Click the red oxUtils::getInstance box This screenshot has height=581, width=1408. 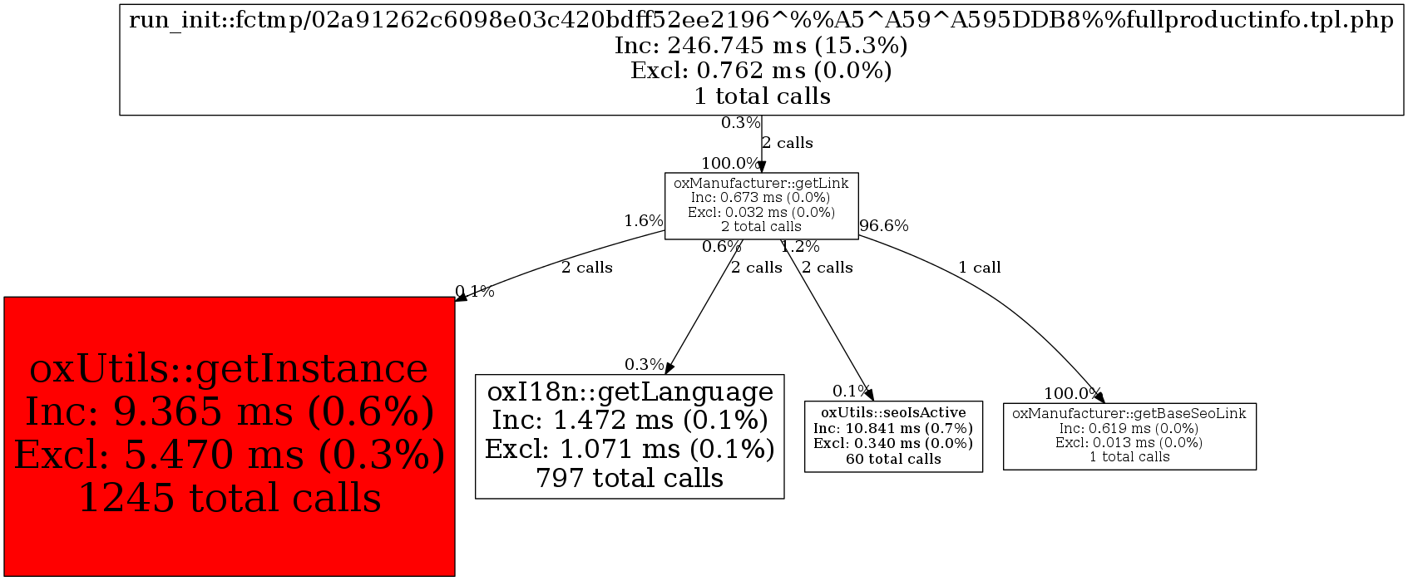coord(229,436)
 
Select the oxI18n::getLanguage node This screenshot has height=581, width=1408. coord(629,436)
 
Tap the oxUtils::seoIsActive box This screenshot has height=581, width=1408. coord(893,436)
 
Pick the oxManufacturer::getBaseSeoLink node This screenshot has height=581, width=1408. coord(1129,436)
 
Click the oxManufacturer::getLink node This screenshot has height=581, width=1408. coord(761,205)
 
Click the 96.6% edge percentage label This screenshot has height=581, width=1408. coord(884,225)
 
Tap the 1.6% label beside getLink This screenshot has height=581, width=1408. coord(644,221)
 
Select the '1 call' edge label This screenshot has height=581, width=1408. coord(979,268)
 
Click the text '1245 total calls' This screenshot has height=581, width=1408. coord(230,498)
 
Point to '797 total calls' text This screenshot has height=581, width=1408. coord(629,478)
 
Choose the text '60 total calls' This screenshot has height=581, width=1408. coord(893,459)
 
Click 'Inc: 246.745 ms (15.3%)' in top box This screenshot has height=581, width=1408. coord(761,45)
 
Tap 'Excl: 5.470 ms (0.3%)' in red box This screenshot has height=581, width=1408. coord(230,455)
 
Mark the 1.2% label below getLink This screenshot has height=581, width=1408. coord(800,247)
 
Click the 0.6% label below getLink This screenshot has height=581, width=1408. coord(721,247)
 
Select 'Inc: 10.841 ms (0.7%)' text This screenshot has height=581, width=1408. coord(893,428)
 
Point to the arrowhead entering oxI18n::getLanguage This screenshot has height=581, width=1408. coord(669,368)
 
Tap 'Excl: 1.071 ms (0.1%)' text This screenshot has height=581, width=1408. coord(630,449)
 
